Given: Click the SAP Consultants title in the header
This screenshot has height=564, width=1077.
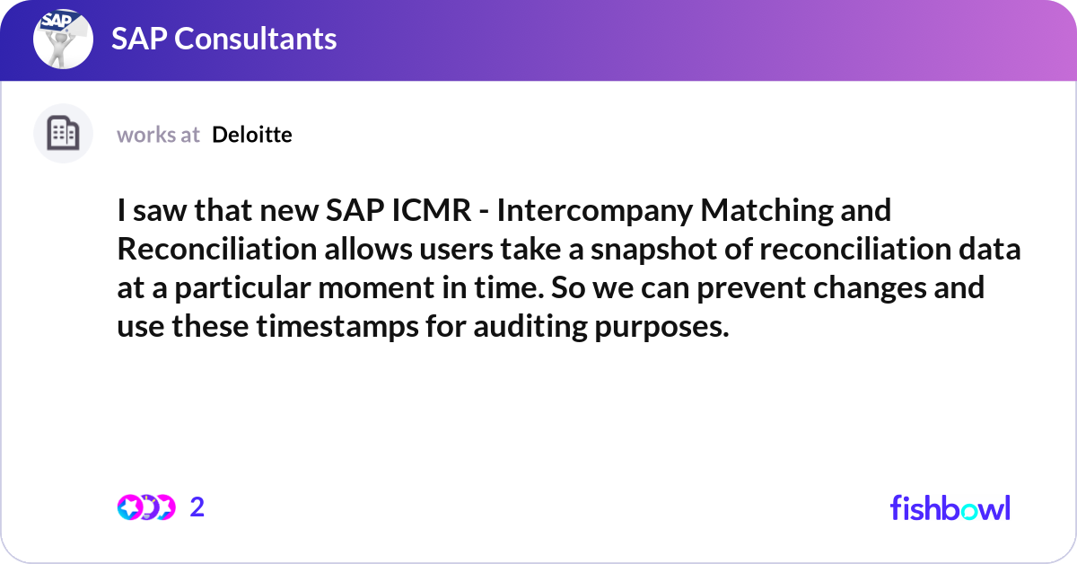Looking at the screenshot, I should click(x=223, y=39).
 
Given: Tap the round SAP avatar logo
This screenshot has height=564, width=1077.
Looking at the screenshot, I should click(x=63, y=39).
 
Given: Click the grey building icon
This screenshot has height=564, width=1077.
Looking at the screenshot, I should click(x=63, y=134).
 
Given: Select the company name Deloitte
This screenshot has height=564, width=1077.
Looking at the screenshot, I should click(x=252, y=135).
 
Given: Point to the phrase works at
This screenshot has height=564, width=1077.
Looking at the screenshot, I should click(x=158, y=135).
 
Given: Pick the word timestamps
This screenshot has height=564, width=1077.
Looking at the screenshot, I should click(x=330, y=327).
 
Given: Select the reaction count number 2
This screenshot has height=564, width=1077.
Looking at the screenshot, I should click(x=197, y=507).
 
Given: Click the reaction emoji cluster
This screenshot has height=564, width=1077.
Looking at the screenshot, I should click(x=145, y=507).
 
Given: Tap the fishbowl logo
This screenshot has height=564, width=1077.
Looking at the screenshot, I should click(x=950, y=507).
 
